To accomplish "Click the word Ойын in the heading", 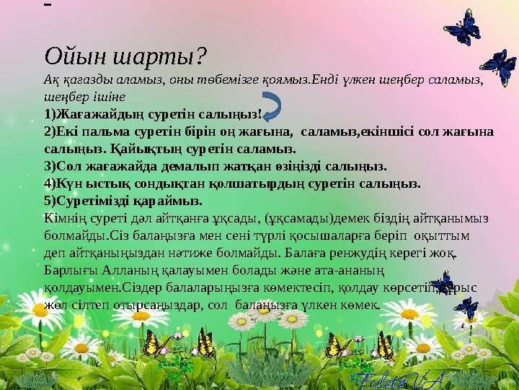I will point(68,55).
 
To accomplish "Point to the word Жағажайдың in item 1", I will point(93,116).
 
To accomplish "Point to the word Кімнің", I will point(67,217).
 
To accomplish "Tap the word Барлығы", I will point(72,270).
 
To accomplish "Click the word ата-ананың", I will point(335,270).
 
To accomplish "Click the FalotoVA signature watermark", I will point(391,378).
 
